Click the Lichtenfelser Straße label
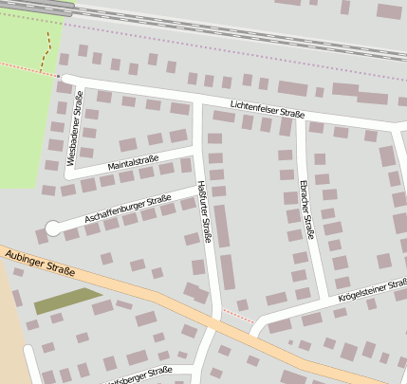pyautogui.click(x=268, y=107)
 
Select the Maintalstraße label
pyautogui.click(x=133, y=164)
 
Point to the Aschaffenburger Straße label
pyautogui.click(x=127, y=210)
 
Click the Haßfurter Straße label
pyautogui.click(x=204, y=211)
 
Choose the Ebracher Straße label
pyautogui.click(x=305, y=208)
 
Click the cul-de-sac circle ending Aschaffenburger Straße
pyautogui.click(x=53, y=228)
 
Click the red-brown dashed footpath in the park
pyautogui.click(x=46, y=52)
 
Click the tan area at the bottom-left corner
pyautogui.click(x=11, y=332)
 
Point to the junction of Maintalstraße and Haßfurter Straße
pyautogui.click(x=197, y=153)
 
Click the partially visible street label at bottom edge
pyautogui.click(x=138, y=375)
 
